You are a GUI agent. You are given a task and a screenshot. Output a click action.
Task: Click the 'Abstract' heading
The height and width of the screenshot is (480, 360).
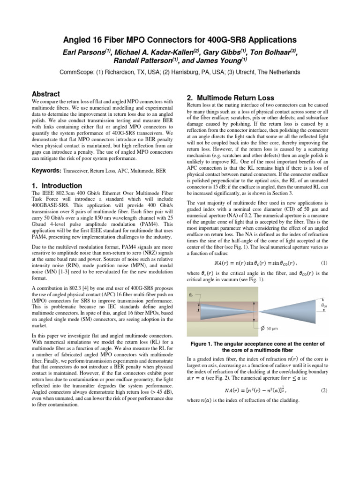point(45,94)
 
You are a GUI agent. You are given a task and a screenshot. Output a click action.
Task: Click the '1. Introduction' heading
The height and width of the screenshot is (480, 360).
point(57,185)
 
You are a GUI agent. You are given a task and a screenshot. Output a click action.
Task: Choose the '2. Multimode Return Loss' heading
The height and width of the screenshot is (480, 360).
point(230,98)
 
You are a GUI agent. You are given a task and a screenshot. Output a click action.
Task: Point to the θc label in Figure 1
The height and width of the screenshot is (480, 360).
point(190,295)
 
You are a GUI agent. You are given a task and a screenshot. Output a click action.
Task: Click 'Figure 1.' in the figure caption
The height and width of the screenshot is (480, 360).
point(204,343)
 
